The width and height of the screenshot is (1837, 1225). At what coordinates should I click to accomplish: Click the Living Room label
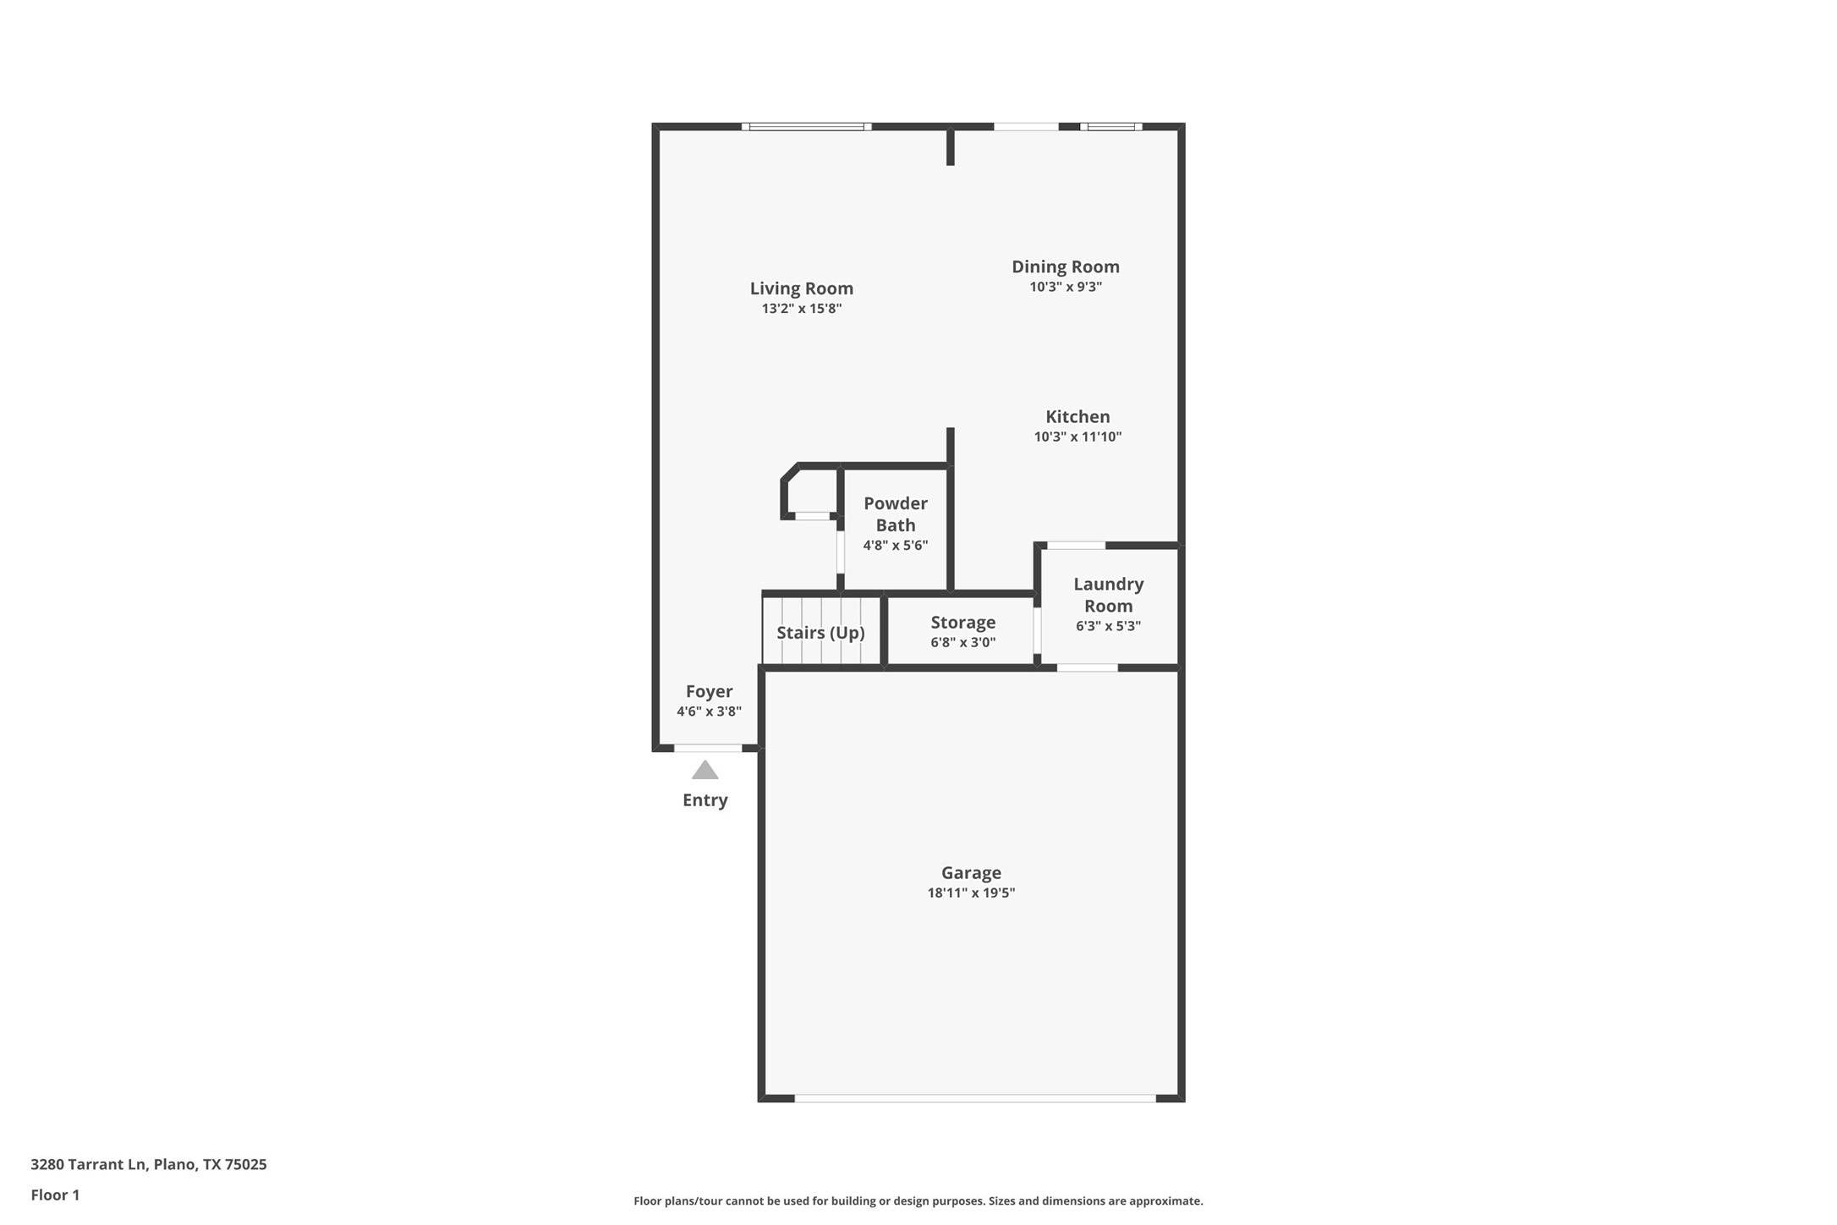click(801, 288)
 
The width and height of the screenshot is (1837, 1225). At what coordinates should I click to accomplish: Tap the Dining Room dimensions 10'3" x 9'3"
click(1065, 287)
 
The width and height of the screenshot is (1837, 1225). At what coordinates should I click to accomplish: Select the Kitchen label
click(1077, 416)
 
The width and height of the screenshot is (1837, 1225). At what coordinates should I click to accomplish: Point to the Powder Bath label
click(895, 514)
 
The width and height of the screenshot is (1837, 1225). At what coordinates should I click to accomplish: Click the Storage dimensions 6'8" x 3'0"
click(962, 642)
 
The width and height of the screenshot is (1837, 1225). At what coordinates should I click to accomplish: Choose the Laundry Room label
click(1108, 595)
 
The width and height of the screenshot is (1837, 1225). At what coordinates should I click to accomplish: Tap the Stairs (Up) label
click(820, 633)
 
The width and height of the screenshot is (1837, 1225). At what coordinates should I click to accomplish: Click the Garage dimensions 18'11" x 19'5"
click(970, 893)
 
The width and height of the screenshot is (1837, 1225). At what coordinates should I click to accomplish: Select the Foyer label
click(709, 691)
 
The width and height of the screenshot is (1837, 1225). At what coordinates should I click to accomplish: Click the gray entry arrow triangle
click(705, 770)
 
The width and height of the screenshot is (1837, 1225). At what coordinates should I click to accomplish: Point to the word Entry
click(705, 800)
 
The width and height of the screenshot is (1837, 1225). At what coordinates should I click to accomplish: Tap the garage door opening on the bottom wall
click(974, 1098)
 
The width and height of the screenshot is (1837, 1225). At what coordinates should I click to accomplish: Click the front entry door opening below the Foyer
click(708, 748)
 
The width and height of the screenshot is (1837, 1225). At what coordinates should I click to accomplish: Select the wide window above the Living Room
click(807, 127)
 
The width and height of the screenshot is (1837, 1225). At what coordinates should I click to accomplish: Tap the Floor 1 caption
click(55, 1195)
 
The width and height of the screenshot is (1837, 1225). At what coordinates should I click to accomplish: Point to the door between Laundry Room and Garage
click(1087, 667)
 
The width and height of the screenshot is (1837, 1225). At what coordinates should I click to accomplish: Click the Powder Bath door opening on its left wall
click(841, 552)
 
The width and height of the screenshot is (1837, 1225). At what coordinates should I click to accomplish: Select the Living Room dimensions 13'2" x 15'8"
click(801, 309)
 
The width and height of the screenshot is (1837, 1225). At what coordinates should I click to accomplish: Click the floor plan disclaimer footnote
click(918, 1200)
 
